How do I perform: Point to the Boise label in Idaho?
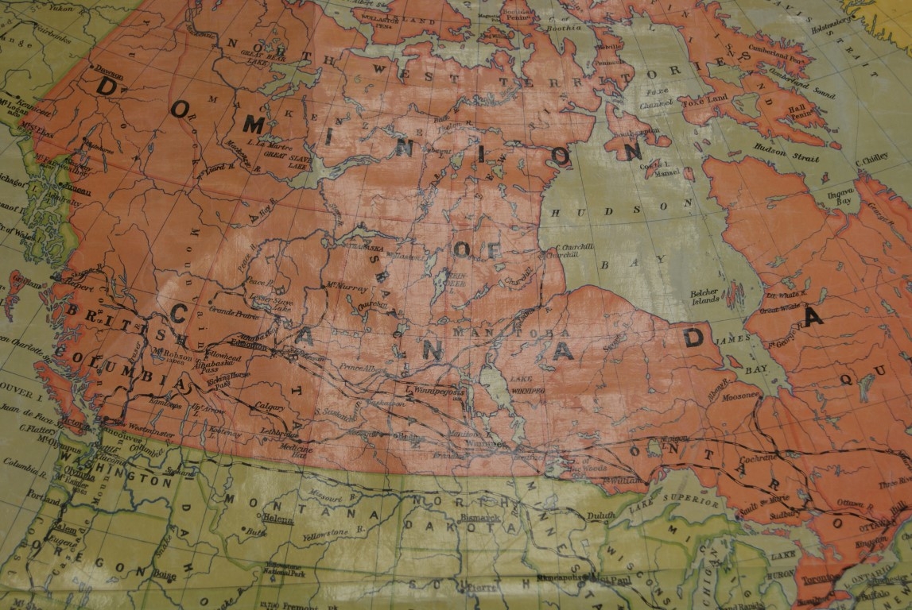tap(165, 573)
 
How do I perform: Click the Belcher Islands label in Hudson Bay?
tap(704, 296)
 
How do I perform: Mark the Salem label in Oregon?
tap(64, 529)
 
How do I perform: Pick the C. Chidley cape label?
tap(870, 157)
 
